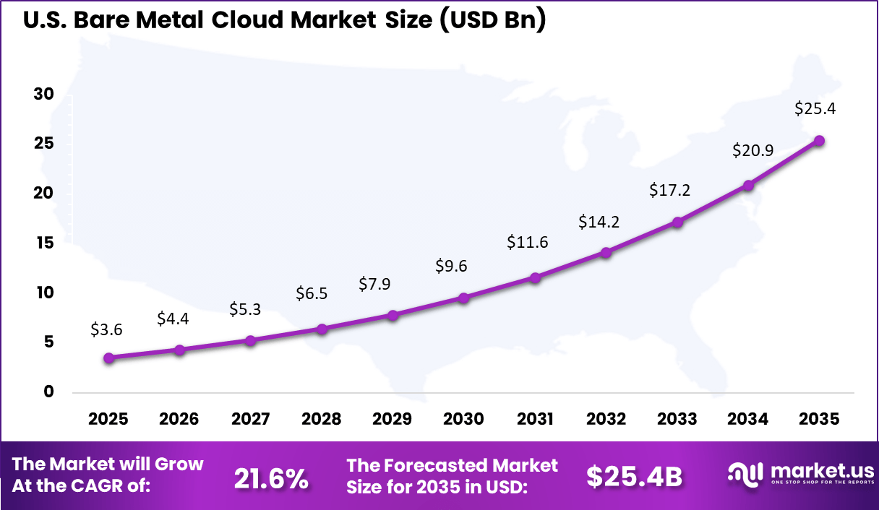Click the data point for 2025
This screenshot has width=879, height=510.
tap(108, 358)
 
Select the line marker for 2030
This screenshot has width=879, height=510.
tap(464, 298)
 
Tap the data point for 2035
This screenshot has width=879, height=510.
tap(819, 141)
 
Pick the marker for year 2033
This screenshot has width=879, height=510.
tap(677, 222)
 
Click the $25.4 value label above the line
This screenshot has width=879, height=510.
tap(815, 109)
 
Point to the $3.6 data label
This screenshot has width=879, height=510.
tap(106, 329)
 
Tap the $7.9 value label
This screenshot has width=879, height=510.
tap(374, 284)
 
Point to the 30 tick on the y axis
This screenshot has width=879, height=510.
tap(44, 95)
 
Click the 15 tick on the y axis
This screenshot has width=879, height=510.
tap(44, 243)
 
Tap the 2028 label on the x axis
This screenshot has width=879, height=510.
tap(322, 420)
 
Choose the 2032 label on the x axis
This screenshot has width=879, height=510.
tap(606, 420)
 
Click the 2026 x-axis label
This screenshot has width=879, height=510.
tap(179, 420)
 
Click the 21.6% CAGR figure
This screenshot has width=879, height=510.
tap(271, 477)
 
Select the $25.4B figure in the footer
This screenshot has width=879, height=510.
tap(634, 476)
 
